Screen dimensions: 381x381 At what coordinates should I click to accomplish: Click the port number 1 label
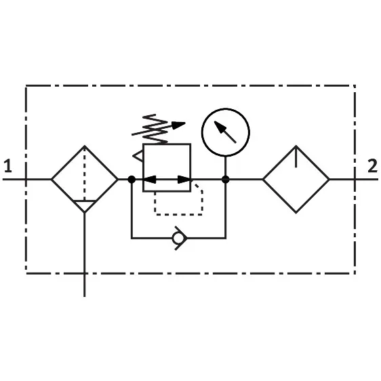[x=8, y=165]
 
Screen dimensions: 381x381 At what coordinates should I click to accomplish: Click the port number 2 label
[x=372, y=165]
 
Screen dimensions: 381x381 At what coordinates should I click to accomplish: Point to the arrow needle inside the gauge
[x=225, y=132]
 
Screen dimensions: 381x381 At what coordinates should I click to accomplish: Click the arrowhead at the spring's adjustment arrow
[x=178, y=125]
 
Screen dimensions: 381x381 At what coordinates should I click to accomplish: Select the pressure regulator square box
[x=143, y=167]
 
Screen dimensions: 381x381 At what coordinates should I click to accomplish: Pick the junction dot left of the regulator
[x=132, y=180]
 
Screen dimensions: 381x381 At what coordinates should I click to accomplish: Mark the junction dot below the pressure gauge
[x=226, y=180]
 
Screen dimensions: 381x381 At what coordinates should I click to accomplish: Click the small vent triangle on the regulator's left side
[x=138, y=156]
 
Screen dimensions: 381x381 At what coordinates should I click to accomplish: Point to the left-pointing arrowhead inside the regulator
[x=149, y=180]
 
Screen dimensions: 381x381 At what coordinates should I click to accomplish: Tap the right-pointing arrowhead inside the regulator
[x=184, y=180]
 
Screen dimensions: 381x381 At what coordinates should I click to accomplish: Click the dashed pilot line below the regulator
[x=178, y=214]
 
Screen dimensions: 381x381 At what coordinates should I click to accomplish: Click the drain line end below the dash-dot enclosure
[x=84, y=296]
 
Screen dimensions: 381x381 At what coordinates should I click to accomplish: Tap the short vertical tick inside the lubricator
[x=296, y=157]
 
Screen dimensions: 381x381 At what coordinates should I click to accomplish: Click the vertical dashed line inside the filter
[x=84, y=174]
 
